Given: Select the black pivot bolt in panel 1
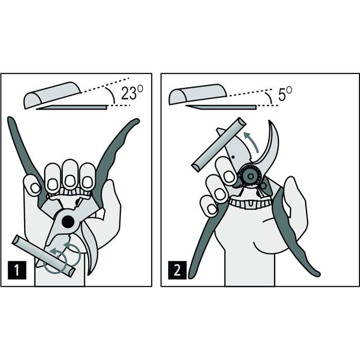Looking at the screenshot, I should click(67, 221).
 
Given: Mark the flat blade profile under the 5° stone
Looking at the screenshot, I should click(221, 107).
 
